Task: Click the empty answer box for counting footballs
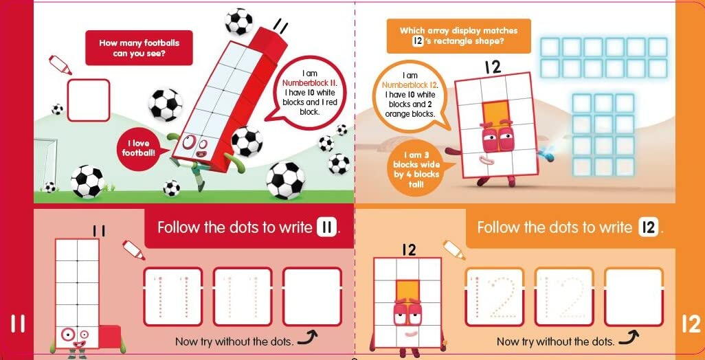click(x=88, y=100)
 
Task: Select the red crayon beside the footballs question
click(x=60, y=65)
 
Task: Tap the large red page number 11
click(x=16, y=324)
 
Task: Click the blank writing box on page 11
click(x=312, y=296)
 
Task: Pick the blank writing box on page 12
click(x=634, y=296)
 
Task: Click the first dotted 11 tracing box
click(x=172, y=296)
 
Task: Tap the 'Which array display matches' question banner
click(x=458, y=36)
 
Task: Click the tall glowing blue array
click(x=603, y=135)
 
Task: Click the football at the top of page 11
click(x=238, y=21)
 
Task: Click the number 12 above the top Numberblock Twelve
click(x=493, y=67)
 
